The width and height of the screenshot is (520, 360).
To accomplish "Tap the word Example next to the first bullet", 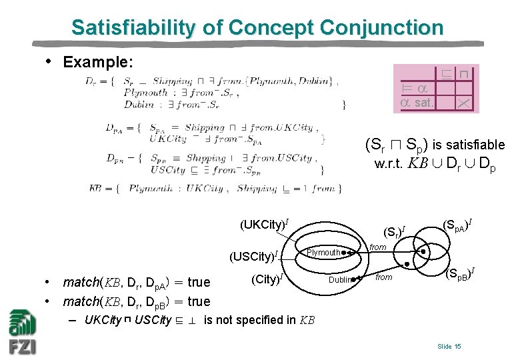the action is (98, 62).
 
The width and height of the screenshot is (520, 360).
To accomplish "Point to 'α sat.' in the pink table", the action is (417, 103).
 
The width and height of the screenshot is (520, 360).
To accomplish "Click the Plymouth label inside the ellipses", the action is (324, 253).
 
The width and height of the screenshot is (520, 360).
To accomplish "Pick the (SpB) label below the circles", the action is (459, 272).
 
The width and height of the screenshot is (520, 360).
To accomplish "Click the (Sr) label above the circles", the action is (395, 233).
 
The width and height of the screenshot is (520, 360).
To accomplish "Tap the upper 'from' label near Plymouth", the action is (378, 247).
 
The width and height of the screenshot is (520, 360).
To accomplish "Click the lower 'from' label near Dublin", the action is (383, 277).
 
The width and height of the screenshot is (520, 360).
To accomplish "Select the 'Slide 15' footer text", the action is (449, 347).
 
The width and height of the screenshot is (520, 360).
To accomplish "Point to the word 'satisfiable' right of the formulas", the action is (471, 145).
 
